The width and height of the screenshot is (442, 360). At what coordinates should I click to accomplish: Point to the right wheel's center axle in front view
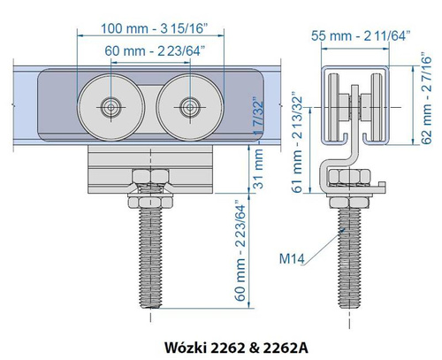(x=188, y=108)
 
